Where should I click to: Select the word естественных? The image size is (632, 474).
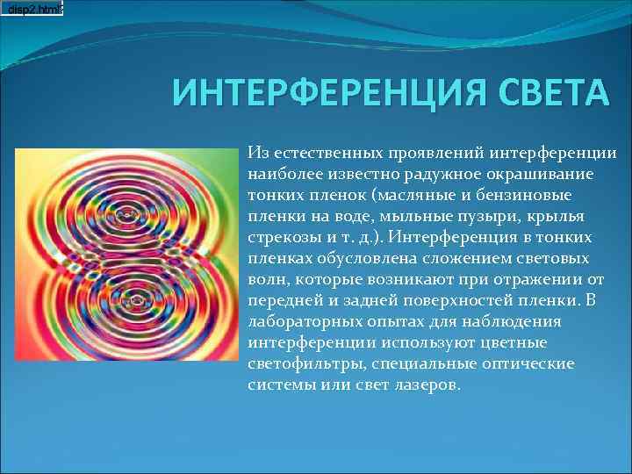[x=325, y=154]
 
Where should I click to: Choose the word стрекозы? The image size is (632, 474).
[x=283, y=238]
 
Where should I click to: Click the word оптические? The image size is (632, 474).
[x=533, y=364]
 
